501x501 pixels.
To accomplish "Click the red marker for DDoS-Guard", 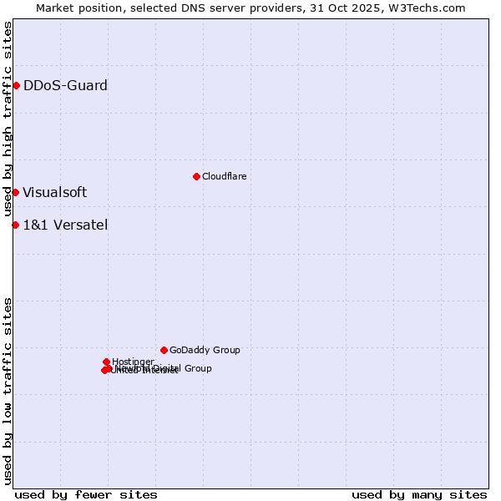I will click(x=16, y=85).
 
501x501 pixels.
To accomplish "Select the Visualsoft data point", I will click(x=15, y=192).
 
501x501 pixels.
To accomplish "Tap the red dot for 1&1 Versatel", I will click(x=15, y=225).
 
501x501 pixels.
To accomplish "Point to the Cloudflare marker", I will click(x=196, y=176).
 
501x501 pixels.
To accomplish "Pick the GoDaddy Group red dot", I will click(x=164, y=350).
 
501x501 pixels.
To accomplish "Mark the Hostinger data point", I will click(x=106, y=362).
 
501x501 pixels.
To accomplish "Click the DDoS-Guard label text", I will click(x=65, y=85).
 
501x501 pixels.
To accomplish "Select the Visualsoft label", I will click(x=54, y=192).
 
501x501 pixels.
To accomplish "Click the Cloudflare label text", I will click(x=224, y=176).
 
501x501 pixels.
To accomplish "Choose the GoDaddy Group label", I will click(x=205, y=350).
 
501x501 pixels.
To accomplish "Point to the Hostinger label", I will click(x=133, y=362).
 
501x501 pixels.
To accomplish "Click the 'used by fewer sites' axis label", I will click(x=86, y=494).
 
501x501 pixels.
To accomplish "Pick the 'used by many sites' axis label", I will click(x=419, y=494).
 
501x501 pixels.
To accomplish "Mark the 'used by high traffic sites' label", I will click(x=8, y=119).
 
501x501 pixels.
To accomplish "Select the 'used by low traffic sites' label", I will click(x=8, y=391).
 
